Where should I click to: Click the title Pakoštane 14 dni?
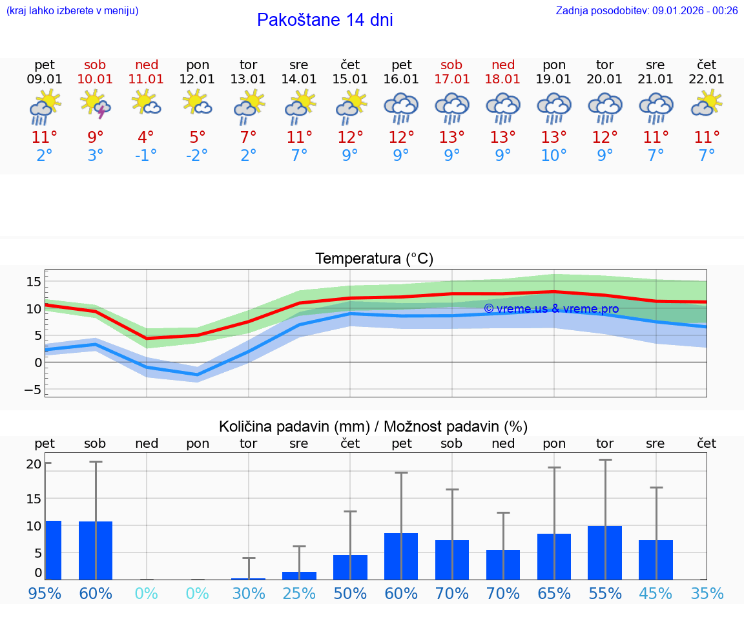click(325, 20)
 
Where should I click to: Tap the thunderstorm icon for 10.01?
click(95, 104)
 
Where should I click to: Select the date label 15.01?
click(349, 79)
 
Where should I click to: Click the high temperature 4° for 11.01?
click(146, 138)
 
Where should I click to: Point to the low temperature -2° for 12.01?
click(197, 156)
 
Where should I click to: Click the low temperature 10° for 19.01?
click(553, 156)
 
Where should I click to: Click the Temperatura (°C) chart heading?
click(374, 259)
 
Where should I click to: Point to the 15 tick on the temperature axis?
click(34, 282)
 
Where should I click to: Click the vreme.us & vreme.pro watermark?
click(551, 309)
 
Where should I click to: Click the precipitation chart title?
click(373, 426)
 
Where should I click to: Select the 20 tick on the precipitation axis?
click(34, 464)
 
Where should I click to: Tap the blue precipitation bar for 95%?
click(53, 550)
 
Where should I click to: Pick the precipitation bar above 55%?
click(604, 552)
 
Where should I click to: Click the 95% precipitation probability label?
click(45, 593)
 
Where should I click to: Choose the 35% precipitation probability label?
click(707, 593)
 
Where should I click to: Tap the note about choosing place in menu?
click(72, 11)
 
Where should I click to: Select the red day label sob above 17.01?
click(451, 65)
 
